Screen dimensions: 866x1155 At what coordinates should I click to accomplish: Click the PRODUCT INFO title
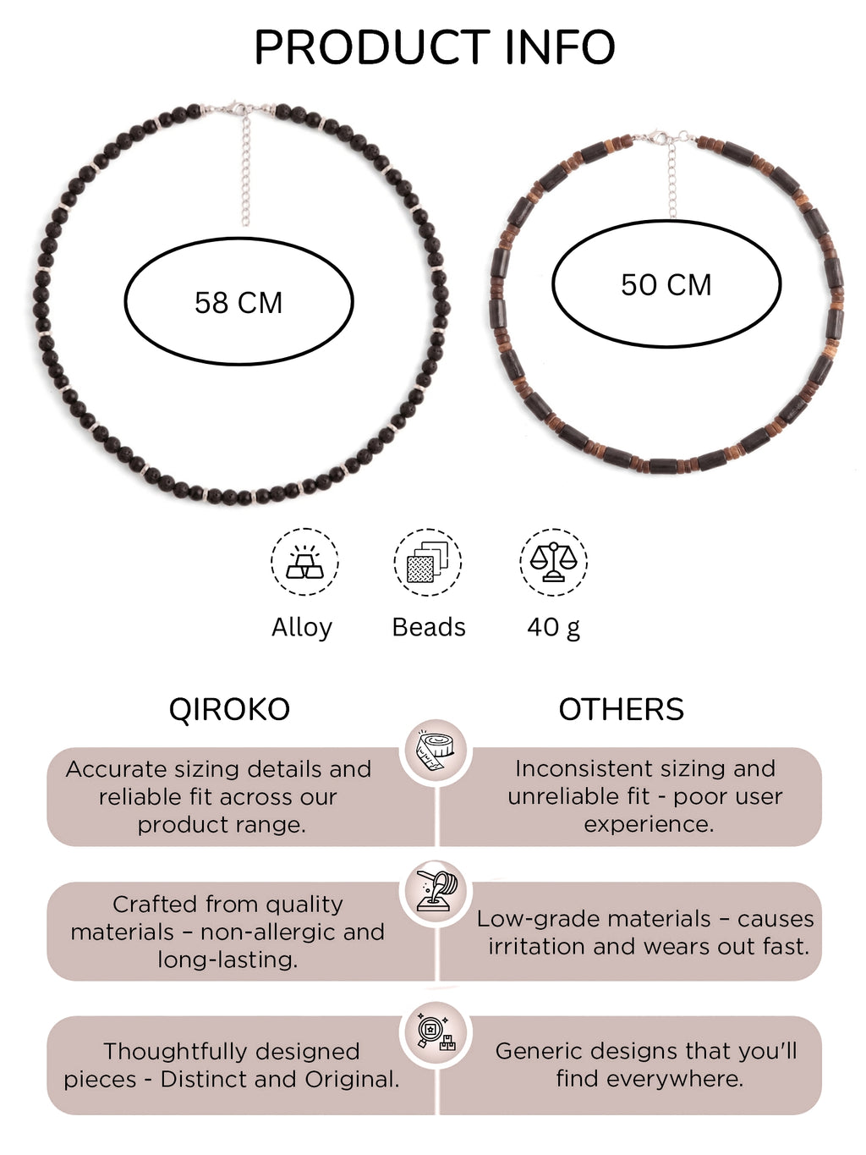[435, 47]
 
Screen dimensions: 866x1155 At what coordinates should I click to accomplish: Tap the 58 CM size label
[238, 303]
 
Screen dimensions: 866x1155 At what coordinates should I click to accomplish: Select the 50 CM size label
[666, 284]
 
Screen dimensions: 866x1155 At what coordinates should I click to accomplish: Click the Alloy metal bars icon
[305, 562]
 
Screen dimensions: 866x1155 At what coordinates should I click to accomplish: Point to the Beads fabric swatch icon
[428, 562]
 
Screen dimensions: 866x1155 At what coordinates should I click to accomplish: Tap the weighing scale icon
[553, 562]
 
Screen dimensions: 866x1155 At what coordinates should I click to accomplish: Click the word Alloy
[302, 627]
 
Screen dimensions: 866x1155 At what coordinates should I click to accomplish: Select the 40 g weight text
[554, 627]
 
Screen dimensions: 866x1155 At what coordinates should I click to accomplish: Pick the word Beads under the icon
[429, 627]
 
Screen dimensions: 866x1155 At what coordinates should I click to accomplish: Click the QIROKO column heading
[229, 709]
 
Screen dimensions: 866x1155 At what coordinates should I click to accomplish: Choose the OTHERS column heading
[621, 709]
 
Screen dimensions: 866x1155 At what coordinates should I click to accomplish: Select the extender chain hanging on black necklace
[245, 171]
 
